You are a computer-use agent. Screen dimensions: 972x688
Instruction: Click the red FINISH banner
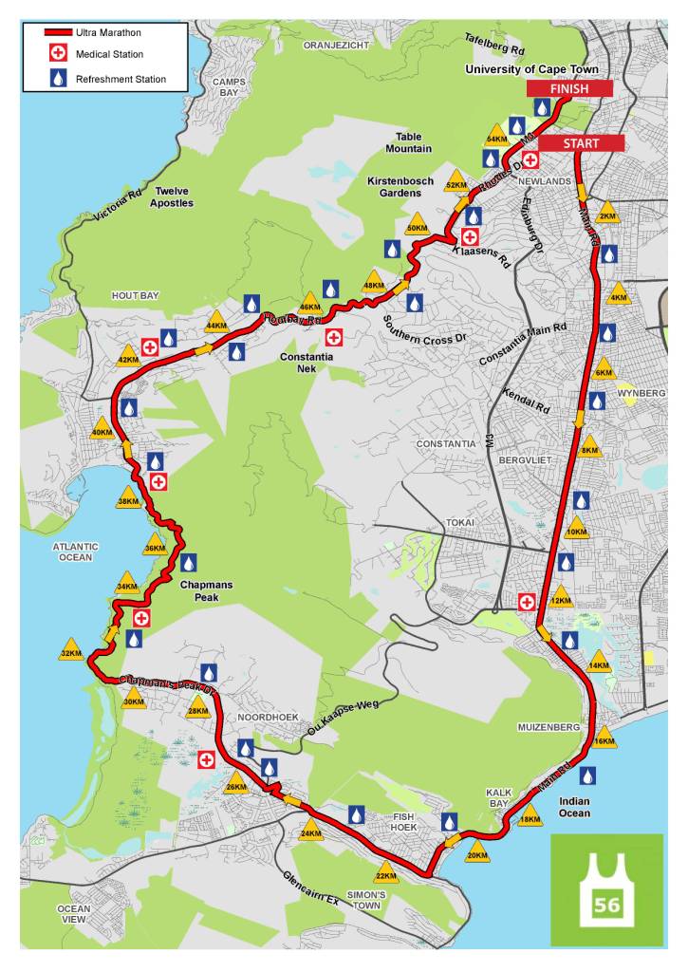[569, 88]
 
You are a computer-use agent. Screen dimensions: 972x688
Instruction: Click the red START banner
[582, 143]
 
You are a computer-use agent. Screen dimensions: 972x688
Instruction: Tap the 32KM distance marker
[71, 652]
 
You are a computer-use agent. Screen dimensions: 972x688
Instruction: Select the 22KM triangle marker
[385, 874]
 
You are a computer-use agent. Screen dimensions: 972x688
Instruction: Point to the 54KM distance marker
[495, 137]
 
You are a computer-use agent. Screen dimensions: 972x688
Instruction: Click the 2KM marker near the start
[608, 214]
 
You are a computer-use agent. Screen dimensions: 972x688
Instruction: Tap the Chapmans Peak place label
[206, 590]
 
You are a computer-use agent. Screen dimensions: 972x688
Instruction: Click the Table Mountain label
[408, 142]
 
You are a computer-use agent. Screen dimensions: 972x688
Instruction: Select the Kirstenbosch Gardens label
[394, 186]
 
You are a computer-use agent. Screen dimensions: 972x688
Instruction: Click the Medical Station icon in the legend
[59, 55]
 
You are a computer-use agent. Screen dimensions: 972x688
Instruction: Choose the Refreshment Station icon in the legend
[59, 80]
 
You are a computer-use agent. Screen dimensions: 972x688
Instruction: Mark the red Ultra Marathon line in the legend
[59, 32]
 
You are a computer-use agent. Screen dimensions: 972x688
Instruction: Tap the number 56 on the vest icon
[607, 906]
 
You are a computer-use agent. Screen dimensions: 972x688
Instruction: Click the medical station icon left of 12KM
[527, 601]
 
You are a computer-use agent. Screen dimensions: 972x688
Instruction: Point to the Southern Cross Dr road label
[426, 327]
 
